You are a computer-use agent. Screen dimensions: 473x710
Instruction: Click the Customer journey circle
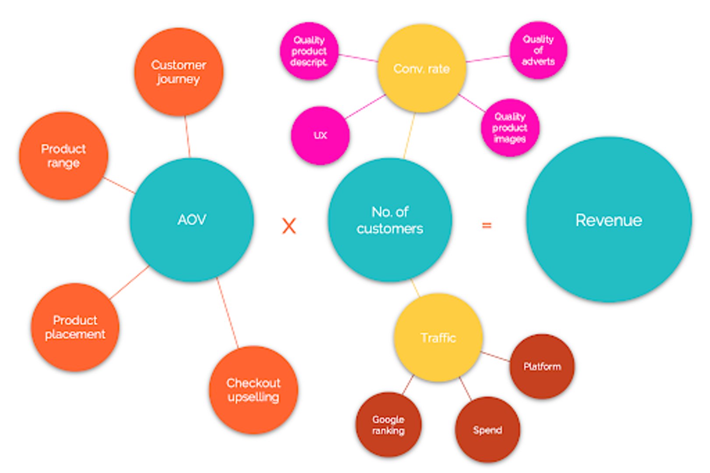[179, 72]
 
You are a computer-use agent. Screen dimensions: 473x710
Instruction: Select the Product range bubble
[64, 156]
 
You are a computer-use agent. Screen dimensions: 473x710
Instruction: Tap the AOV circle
[192, 219]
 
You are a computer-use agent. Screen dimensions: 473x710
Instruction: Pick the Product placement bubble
[75, 327]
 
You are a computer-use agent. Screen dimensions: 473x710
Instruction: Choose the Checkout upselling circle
[253, 390]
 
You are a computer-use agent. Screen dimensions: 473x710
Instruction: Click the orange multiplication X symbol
[289, 226]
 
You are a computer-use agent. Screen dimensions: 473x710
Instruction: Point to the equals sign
[487, 226]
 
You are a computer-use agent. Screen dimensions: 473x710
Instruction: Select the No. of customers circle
[390, 220]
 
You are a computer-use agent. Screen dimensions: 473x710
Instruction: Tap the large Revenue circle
[609, 220]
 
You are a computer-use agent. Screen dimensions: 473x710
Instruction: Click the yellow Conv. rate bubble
[421, 69]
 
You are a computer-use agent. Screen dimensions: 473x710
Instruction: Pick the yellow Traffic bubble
[438, 338]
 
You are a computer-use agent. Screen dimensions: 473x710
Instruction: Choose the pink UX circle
[320, 135]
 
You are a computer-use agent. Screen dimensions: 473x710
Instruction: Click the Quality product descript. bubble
[309, 51]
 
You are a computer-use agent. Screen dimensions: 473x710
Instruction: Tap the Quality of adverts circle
[538, 50]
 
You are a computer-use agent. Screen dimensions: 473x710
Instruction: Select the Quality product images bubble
[510, 128]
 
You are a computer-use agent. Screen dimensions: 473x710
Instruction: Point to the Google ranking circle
[389, 425]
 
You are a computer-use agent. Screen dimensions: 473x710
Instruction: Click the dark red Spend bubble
[487, 430]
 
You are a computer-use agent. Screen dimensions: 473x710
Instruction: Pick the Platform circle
[542, 367]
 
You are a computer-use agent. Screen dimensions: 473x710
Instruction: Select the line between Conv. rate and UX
[365, 107]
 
